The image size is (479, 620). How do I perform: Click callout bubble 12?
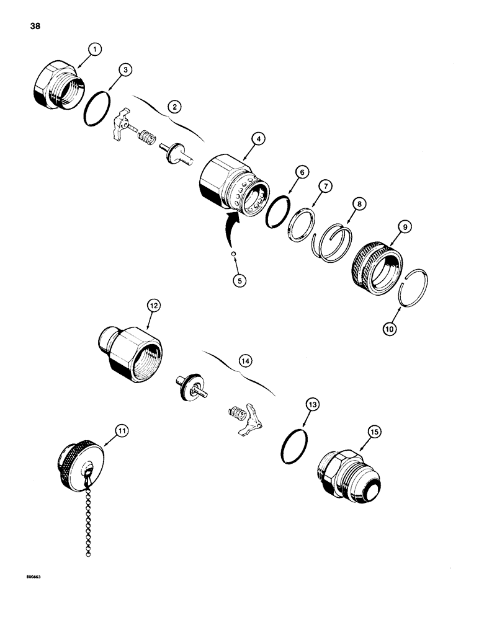(153, 306)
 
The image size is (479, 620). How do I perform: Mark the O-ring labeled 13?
(293, 446)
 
